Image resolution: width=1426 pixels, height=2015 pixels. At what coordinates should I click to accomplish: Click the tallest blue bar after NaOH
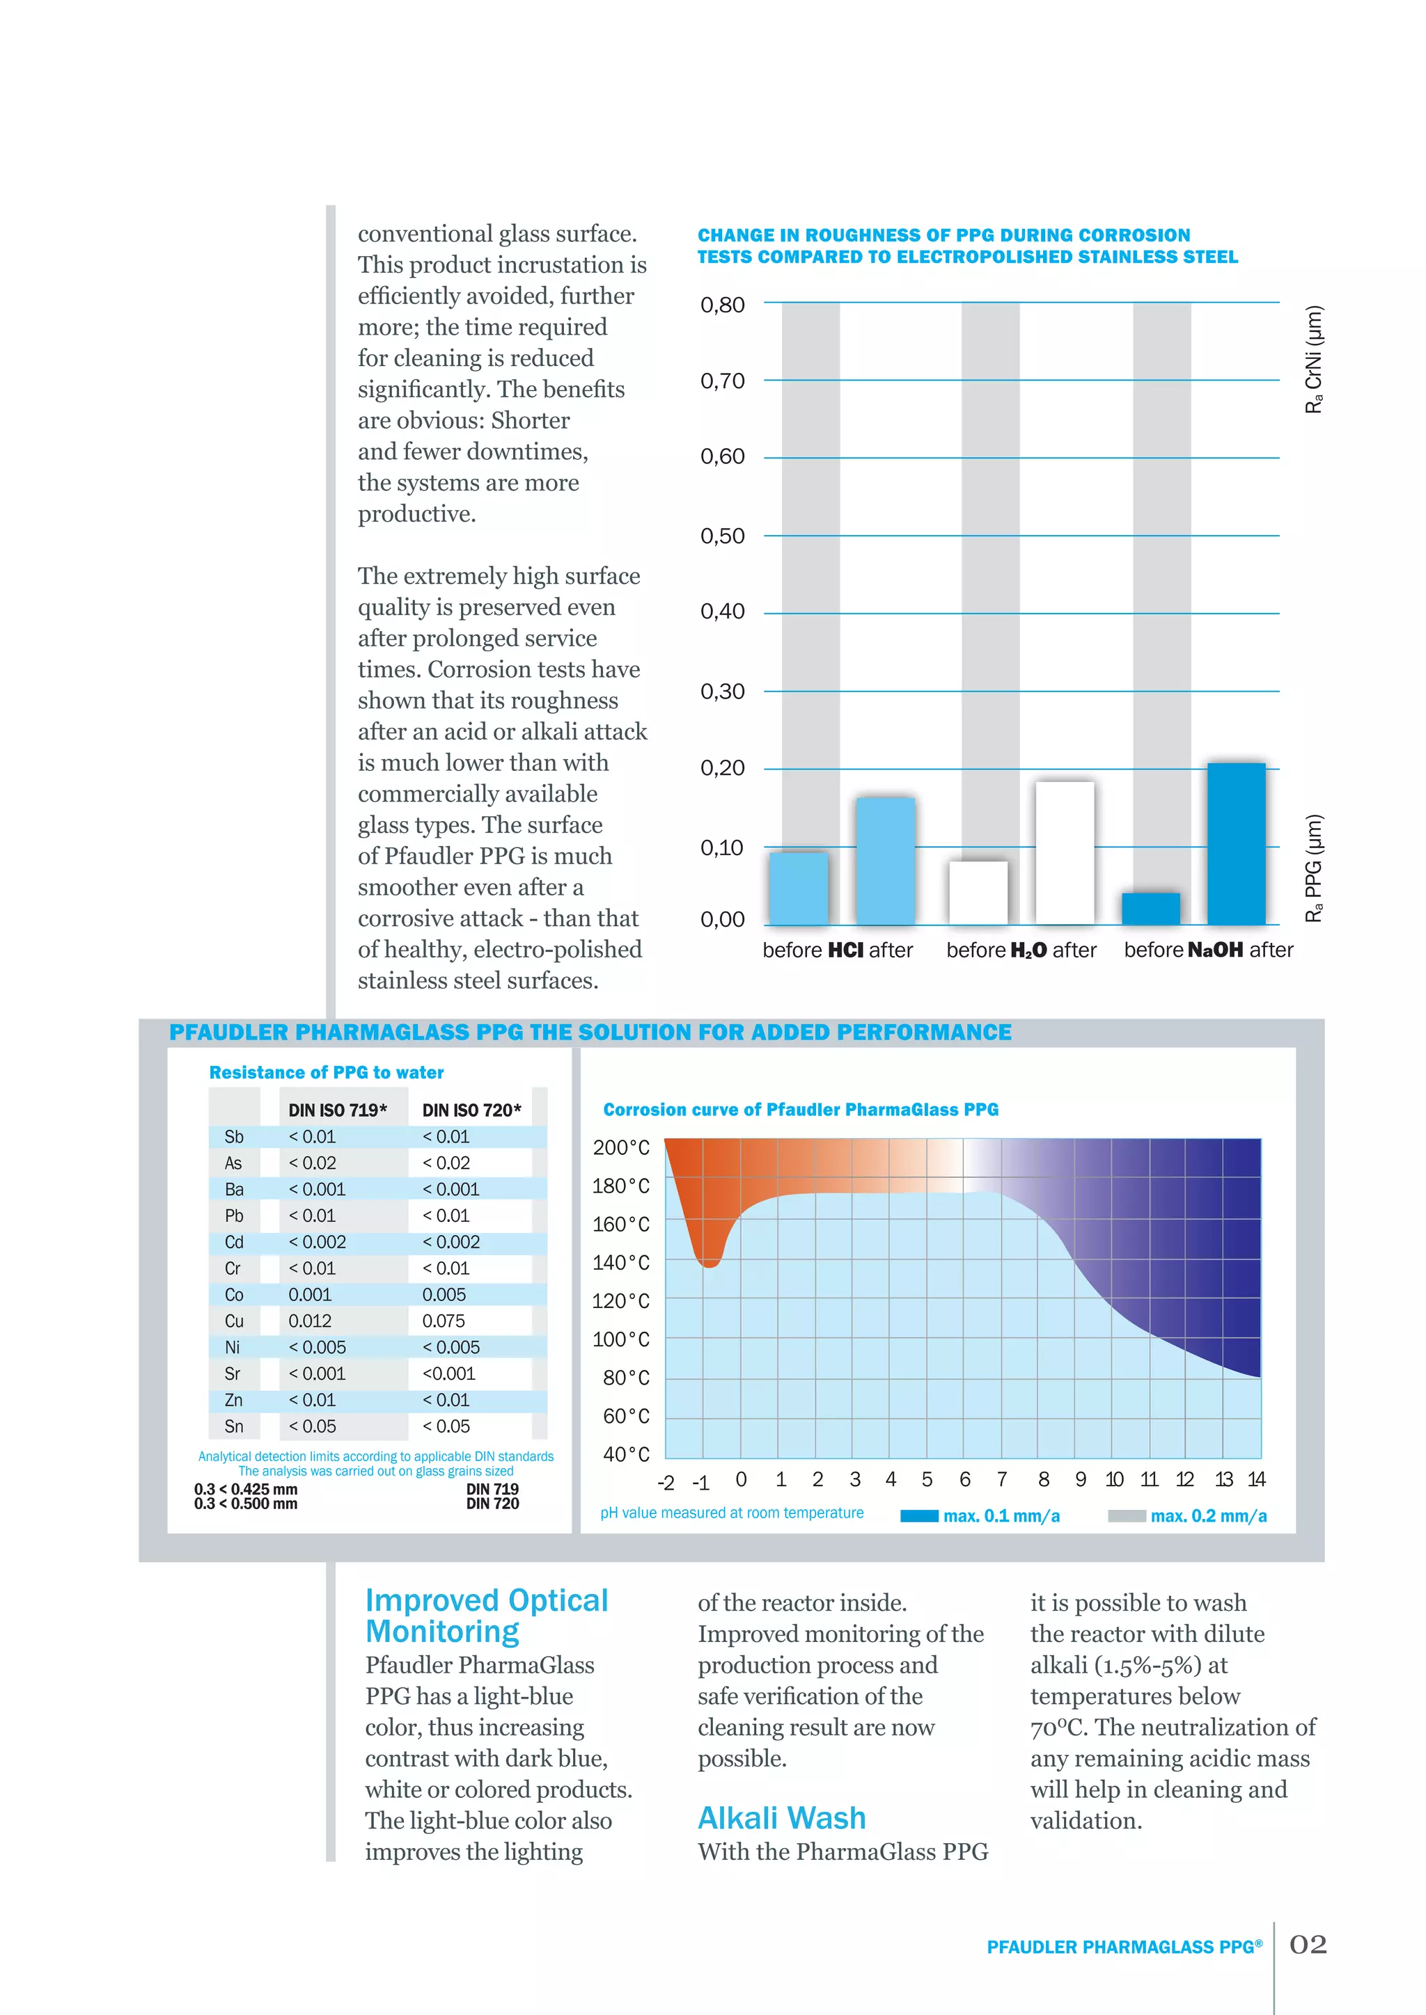tap(1237, 843)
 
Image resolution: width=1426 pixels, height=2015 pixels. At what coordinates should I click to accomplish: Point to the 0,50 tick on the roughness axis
tap(722, 535)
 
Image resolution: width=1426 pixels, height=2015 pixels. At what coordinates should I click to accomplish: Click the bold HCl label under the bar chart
tap(845, 950)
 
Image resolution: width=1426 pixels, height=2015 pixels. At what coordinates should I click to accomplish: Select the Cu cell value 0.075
tap(444, 1321)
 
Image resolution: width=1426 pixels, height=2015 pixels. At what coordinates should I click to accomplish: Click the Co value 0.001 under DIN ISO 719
tap(310, 1294)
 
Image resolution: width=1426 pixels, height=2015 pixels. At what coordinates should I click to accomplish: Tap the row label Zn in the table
tap(233, 1400)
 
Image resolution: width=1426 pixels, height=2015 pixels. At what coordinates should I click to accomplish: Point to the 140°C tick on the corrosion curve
tap(621, 1262)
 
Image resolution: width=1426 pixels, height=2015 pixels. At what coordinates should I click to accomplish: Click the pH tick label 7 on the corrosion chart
tap(1001, 1480)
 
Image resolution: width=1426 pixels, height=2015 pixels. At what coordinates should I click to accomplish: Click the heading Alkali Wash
tap(781, 1817)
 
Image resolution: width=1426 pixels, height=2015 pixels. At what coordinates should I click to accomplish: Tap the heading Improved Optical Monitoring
tap(487, 1615)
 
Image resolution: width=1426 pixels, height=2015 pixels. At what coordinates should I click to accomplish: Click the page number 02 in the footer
tap(1308, 1945)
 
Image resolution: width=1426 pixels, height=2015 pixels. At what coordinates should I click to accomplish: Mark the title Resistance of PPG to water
tap(326, 1072)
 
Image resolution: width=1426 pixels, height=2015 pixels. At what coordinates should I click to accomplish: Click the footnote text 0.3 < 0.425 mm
tap(246, 1489)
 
